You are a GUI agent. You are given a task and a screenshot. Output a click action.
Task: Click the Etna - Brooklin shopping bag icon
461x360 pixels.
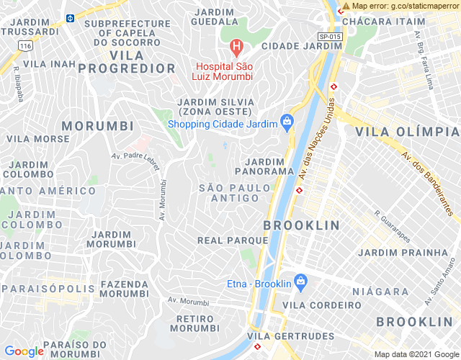point(301,283)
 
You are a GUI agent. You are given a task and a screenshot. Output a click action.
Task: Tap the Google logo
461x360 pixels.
point(24,351)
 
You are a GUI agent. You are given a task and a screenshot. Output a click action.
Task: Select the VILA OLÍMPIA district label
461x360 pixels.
point(407,132)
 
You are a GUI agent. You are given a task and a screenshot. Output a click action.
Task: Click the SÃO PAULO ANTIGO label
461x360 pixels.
point(236,193)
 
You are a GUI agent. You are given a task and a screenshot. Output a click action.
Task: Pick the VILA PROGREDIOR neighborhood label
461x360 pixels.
point(127,62)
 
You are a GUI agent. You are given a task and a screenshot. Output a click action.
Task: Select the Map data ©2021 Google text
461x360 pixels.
point(416,354)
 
